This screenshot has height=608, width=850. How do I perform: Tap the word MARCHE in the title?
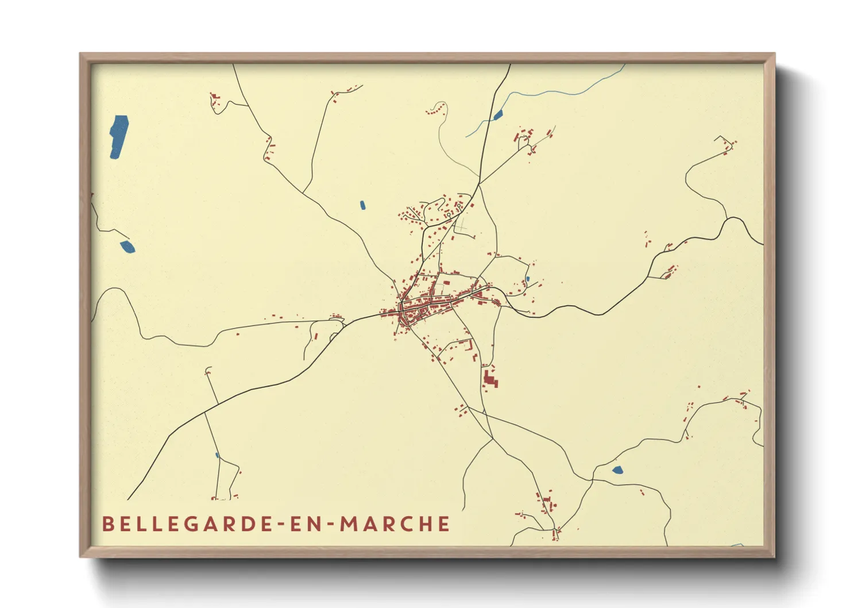pos(395,524)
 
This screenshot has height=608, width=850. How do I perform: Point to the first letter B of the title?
pos(107,524)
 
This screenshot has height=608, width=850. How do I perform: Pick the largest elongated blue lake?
pos(119,136)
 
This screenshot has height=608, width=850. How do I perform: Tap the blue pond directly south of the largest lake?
pos(127,247)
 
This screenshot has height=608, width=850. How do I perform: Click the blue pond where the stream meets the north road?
pos(498,116)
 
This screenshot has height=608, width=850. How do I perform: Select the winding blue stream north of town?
pos(551,93)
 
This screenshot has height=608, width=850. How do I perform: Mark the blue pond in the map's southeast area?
pos(617,470)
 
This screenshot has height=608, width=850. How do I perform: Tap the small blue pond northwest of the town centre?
pos(362,205)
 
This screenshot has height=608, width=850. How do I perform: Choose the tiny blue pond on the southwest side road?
pos(217,456)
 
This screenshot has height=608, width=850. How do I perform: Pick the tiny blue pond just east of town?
pos(527,279)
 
